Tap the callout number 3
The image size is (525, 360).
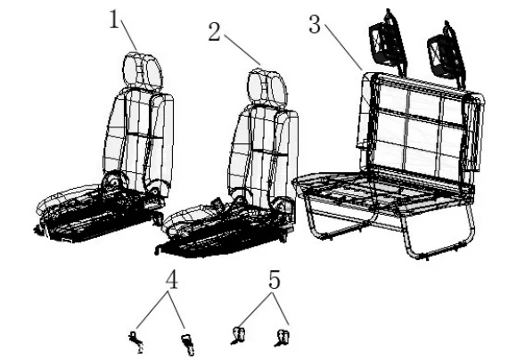(x=315, y=23)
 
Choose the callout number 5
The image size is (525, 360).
(x=275, y=280)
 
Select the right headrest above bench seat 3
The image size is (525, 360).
(x=443, y=58)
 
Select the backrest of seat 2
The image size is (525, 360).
(x=265, y=147)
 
